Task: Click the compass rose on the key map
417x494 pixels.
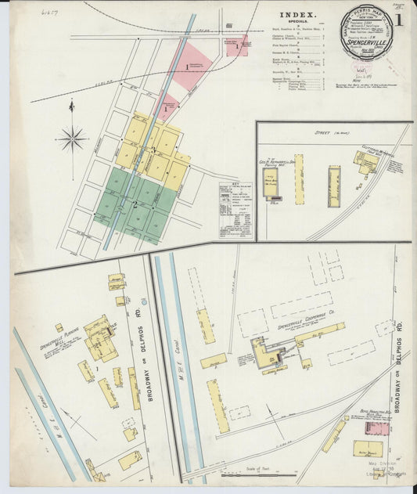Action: pyautogui.click(x=72, y=139)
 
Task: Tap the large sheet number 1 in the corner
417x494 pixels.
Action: pyautogui.click(x=399, y=20)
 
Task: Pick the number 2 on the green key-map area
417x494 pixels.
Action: pyautogui.click(x=135, y=204)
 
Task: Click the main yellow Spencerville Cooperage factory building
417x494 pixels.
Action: pyautogui.click(x=266, y=352)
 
